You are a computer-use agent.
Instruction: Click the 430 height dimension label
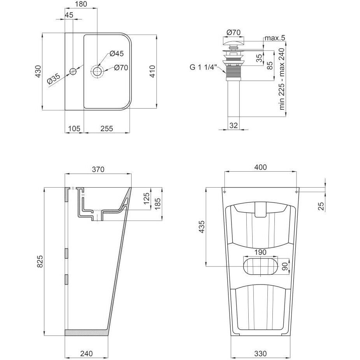tap(38, 71)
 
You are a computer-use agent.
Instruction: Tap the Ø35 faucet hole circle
tap(73, 71)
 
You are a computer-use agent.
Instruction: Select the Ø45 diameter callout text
tap(117, 53)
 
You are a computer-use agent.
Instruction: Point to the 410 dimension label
tap(153, 71)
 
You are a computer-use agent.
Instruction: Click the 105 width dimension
tap(74, 128)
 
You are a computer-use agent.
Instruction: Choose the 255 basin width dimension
tap(107, 128)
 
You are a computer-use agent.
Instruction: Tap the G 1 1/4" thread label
tap(203, 67)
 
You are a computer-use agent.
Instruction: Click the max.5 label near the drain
tap(275, 38)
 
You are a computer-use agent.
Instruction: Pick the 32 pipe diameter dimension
tap(233, 125)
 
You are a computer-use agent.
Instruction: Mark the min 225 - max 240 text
tap(282, 79)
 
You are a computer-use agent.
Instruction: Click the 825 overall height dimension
tap(40, 261)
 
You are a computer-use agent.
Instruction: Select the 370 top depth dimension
tap(98, 169)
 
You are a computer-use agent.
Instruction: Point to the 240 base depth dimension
tap(86, 353)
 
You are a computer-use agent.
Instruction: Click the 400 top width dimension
tap(260, 167)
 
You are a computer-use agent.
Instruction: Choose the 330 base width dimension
tap(260, 353)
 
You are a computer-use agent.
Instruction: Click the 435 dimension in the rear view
tap(201, 227)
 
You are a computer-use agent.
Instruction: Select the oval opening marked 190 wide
tap(260, 266)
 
